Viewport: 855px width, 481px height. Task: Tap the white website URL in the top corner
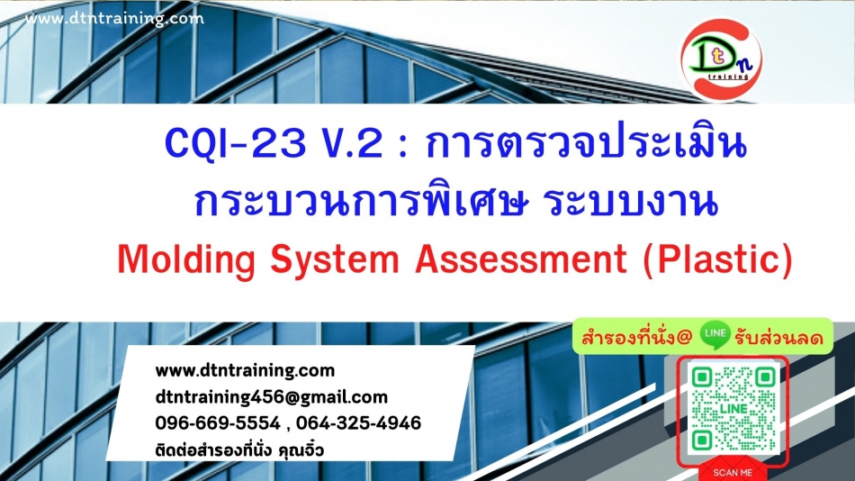[114, 19]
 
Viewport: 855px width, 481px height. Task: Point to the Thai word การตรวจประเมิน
[586, 142]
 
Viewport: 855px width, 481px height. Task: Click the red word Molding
[186, 259]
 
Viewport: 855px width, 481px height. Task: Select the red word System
[335, 259]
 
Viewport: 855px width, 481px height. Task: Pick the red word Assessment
[521, 259]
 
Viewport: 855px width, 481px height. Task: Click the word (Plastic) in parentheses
[717, 259]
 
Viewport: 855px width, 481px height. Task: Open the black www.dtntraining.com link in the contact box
[245, 371]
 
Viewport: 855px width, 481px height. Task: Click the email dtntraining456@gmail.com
[272, 397]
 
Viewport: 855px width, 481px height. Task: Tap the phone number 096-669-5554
[218, 423]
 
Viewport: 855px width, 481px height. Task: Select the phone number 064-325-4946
[359, 423]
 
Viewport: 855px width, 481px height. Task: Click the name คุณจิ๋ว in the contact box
[301, 451]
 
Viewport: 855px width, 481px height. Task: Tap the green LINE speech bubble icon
[715, 335]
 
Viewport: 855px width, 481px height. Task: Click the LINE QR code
[733, 408]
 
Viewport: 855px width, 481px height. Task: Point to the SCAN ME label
[733, 473]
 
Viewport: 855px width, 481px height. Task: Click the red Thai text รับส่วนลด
[778, 338]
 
